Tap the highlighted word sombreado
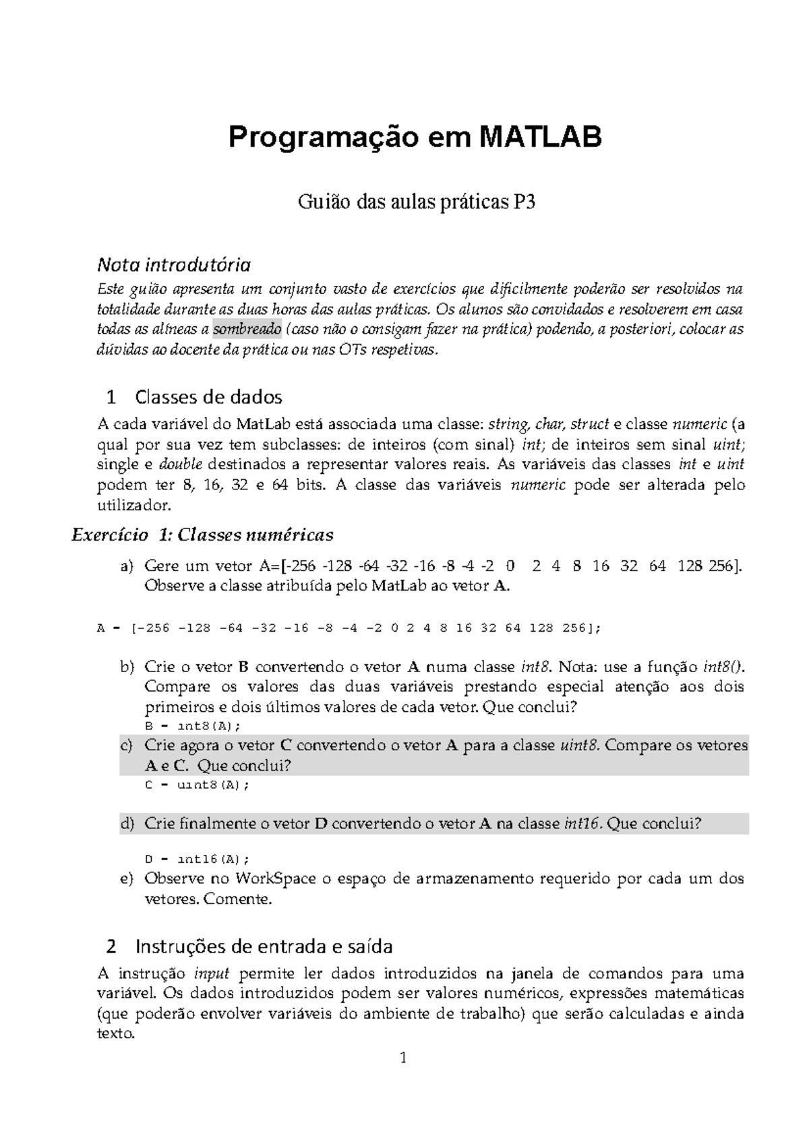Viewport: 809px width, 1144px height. [x=247, y=330]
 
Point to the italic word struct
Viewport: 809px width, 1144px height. [x=589, y=425]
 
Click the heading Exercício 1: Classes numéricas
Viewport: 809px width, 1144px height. [x=202, y=535]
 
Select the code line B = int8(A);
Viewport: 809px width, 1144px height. [x=193, y=727]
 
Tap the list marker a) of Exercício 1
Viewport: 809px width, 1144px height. [x=127, y=566]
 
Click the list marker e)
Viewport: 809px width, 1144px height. [x=127, y=879]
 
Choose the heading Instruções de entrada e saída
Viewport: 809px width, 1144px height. [x=264, y=947]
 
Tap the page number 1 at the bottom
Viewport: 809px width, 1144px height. [x=404, y=1058]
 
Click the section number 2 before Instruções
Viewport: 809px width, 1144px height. [x=112, y=947]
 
